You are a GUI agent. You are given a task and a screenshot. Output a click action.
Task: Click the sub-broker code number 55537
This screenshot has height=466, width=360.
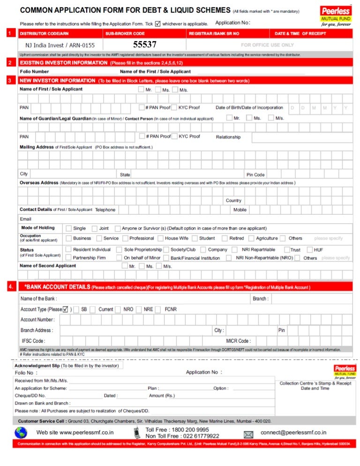pos(145,45)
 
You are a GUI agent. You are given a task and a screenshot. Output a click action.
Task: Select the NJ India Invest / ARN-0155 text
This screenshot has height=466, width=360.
pos(60,45)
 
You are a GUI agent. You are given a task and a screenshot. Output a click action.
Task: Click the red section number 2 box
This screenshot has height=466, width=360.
pos(10,62)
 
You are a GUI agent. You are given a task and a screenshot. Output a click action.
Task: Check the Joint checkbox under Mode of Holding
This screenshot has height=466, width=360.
pos(94,228)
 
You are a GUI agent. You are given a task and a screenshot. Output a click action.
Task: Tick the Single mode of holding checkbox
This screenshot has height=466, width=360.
pos(69,228)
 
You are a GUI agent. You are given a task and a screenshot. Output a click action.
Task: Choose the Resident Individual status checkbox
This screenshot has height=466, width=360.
pos(69,249)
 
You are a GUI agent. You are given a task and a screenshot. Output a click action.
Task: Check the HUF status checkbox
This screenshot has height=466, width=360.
pos(309,249)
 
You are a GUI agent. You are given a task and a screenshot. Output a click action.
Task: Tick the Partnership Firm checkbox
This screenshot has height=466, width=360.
pos(69,257)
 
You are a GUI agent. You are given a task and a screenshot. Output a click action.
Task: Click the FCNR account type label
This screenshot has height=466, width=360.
pos(170,309)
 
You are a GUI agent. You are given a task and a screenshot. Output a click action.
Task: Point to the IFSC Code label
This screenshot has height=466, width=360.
pos(33,341)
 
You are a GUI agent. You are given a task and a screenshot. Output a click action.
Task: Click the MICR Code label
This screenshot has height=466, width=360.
pos(238,341)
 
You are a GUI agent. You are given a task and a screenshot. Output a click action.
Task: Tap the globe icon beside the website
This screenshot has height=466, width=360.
pos(21,432)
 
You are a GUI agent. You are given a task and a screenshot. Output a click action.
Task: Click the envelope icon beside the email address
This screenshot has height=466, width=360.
pos(248,434)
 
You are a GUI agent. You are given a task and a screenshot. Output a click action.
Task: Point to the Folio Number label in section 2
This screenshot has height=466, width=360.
pos(34,72)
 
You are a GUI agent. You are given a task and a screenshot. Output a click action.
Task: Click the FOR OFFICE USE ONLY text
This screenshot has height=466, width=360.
pos(267,45)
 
